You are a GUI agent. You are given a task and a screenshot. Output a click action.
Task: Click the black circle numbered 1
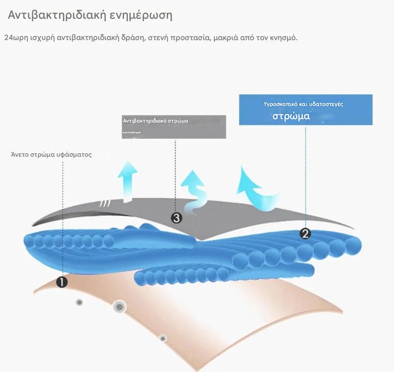62,282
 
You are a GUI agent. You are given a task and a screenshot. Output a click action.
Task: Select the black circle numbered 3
176,218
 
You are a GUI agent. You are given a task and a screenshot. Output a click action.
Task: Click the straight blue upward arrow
128,181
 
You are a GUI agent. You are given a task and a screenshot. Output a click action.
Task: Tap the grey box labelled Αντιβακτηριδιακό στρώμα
173,126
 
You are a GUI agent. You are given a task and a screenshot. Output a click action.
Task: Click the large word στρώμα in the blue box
291,116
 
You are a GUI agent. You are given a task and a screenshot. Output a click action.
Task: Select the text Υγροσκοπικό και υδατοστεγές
303,104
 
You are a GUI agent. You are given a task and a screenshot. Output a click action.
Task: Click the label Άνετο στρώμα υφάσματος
51,155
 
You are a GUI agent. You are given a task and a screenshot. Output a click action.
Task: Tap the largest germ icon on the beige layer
119,306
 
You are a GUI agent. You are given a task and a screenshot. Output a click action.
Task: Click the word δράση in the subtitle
135,37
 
